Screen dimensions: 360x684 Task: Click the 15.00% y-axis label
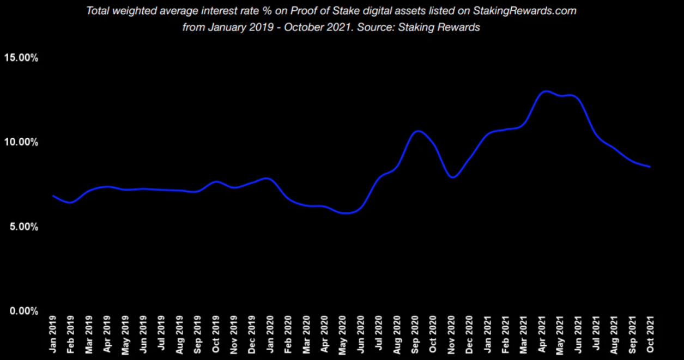[x=21, y=58]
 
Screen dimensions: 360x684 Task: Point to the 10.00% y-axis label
[x=21, y=143]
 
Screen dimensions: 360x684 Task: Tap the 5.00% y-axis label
[x=23, y=227]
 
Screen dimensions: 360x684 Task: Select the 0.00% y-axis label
[x=23, y=311]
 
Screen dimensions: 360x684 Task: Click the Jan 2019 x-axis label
[x=53, y=334]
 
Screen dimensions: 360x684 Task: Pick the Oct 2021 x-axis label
[x=650, y=334]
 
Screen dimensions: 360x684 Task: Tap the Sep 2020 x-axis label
[x=415, y=334]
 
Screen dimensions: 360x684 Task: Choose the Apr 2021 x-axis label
[x=542, y=334]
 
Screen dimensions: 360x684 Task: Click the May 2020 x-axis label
[x=343, y=334]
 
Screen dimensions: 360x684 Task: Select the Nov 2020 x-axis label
[x=451, y=334]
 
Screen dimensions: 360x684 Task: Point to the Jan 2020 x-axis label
[x=270, y=334]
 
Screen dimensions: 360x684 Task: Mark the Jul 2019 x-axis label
[x=162, y=334]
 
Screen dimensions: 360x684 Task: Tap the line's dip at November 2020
[x=452, y=177]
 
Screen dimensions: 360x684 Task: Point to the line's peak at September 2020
[x=417, y=131]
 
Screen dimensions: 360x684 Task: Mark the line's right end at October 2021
[x=650, y=167]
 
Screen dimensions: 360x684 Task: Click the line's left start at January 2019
[x=53, y=196]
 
